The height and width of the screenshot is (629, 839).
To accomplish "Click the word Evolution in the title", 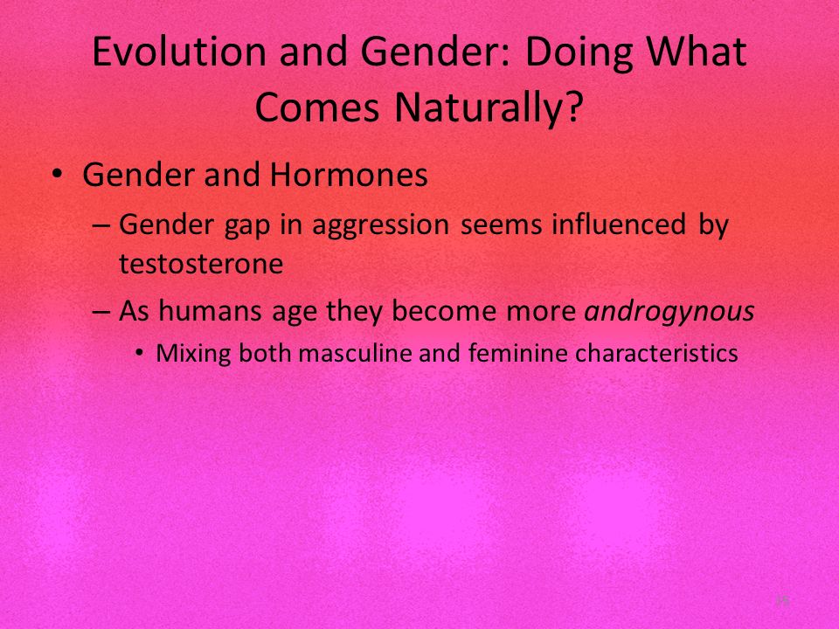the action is click(179, 52).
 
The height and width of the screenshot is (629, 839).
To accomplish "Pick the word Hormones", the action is click(349, 175).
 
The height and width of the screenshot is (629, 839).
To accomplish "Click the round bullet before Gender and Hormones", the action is click(58, 175).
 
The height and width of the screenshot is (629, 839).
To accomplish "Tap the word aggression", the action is click(380, 225).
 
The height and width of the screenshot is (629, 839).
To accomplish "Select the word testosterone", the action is click(201, 264).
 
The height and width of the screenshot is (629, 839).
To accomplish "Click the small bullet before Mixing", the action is click(140, 353).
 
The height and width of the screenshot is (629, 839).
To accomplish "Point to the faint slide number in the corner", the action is click(782, 601).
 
